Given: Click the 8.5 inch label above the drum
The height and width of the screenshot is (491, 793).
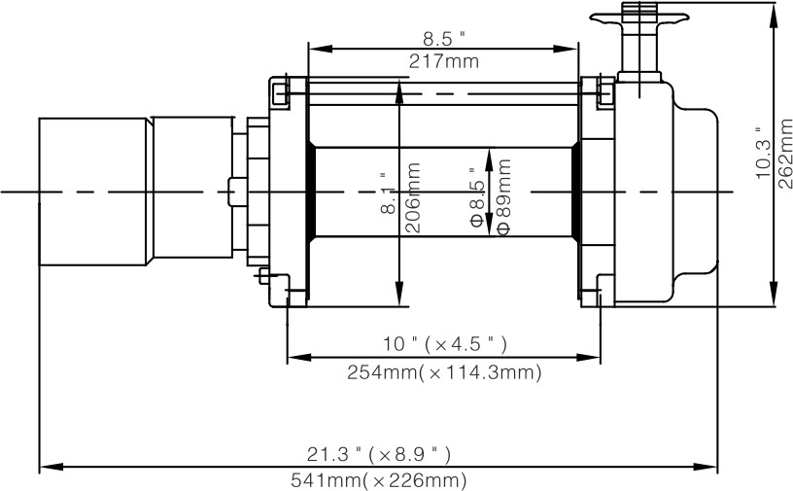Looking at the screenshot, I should coord(443,38).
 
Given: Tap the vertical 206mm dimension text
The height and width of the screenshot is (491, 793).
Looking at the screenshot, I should coord(413,197).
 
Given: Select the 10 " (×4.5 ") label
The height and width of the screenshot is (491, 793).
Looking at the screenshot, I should coord(443,344).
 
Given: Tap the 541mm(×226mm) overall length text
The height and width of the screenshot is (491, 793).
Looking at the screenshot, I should coord(379,480).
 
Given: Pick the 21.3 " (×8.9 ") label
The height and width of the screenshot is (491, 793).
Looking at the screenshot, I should coord(379,454).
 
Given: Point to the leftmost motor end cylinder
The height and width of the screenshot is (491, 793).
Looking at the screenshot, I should coord(93,191).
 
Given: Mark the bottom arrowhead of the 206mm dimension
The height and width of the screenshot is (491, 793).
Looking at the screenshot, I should coord(399,297).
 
